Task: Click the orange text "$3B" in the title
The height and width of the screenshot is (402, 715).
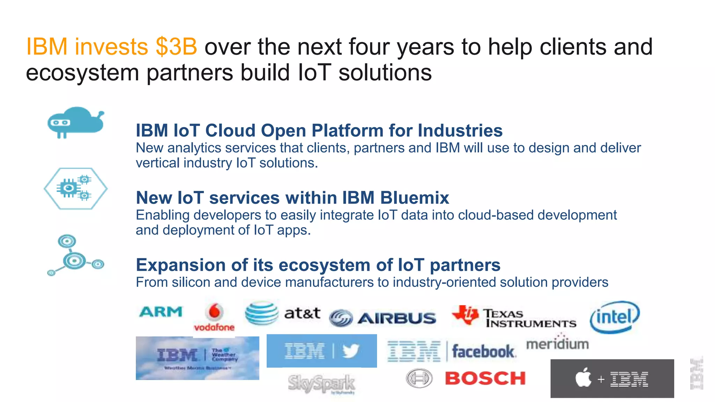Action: pyautogui.click(x=176, y=47)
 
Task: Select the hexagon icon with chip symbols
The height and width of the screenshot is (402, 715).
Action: pyautogui.click(x=75, y=188)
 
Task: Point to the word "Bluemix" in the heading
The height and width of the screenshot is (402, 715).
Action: pyautogui.click(x=414, y=198)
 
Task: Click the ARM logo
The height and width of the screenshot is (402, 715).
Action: pyautogui.click(x=161, y=312)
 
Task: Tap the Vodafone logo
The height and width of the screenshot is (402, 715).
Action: pyautogui.click(x=214, y=318)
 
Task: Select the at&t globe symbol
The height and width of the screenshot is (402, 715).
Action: pyautogui.click(x=261, y=313)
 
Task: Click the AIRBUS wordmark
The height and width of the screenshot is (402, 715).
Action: pyautogui.click(x=397, y=318)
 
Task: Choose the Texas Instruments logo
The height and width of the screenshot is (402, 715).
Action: pyautogui.click(x=513, y=317)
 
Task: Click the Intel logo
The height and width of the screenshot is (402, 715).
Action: pyautogui.click(x=614, y=317)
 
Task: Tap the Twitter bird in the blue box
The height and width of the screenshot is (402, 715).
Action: pyautogui.click(x=351, y=351)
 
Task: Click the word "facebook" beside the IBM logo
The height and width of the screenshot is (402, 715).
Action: pyautogui.click(x=483, y=351)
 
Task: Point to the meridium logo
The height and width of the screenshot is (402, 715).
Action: pyautogui.click(x=558, y=343)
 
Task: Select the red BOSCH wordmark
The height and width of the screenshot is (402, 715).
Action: pyautogui.click(x=485, y=379)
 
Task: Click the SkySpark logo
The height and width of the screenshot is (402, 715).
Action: pyautogui.click(x=322, y=384)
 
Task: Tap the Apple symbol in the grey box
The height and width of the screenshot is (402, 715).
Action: pyautogui.click(x=583, y=378)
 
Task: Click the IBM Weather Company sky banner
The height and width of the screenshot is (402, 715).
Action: pyautogui.click(x=197, y=358)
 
